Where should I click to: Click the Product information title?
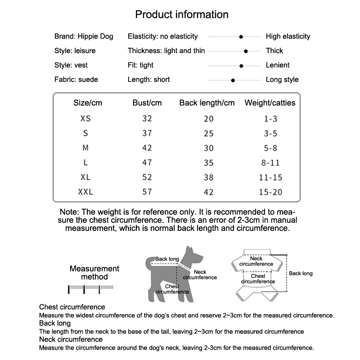(182, 14)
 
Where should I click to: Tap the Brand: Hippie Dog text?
(84, 36)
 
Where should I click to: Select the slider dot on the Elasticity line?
(242, 36)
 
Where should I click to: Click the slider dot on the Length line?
(233, 80)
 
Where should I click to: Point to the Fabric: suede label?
(76, 80)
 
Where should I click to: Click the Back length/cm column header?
(207, 103)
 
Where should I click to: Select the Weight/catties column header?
(270, 103)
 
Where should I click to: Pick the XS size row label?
(85, 119)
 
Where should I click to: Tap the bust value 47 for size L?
(147, 163)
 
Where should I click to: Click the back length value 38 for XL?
(209, 177)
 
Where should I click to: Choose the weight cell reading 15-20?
(271, 192)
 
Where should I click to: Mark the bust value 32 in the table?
(147, 119)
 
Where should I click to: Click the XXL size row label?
(85, 192)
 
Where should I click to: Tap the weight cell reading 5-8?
(271, 148)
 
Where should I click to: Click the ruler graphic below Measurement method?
(91, 288)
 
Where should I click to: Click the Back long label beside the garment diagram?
(301, 273)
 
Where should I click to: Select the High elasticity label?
(288, 36)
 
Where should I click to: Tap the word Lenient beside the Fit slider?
(278, 65)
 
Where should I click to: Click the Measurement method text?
(94, 273)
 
